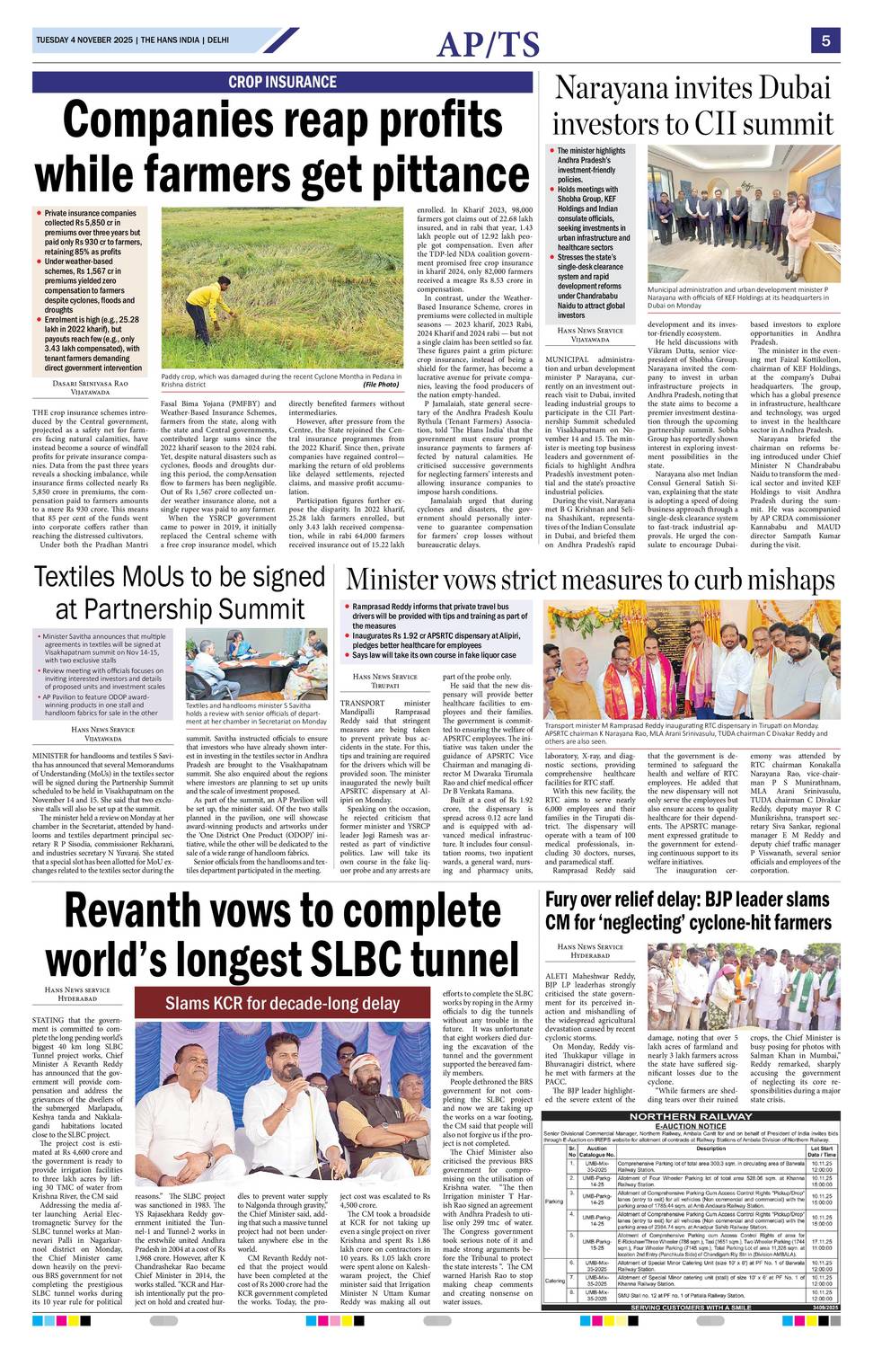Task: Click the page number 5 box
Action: pos(824,40)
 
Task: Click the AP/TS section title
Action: pos(489,43)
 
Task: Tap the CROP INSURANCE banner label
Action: pos(282,82)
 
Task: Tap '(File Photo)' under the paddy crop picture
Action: pos(381,385)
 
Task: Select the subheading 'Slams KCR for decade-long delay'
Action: pos(282,1003)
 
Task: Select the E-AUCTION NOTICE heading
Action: pos(690,1126)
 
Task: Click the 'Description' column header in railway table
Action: pos(710,1148)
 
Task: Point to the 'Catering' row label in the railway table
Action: pos(554,1281)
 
